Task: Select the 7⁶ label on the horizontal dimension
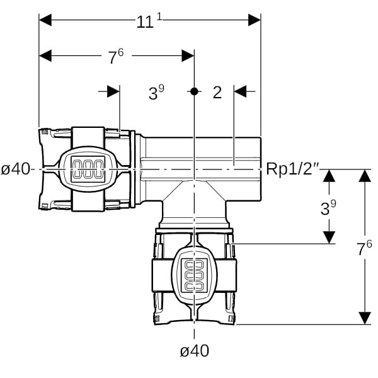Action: (115, 57)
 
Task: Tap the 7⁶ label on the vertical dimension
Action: (365, 248)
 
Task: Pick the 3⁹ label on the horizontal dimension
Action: (156, 93)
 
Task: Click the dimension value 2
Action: (217, 93)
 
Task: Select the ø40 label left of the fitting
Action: (16, 169)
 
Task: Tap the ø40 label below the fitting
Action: (194, 352)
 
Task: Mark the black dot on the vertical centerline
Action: (194, 91)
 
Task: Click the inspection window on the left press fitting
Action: (88, 169)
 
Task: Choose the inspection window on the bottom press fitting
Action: (194, 275)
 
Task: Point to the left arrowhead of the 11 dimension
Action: (45, 20)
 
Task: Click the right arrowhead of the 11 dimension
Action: (255, 20)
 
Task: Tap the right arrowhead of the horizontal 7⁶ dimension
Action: (188, 55)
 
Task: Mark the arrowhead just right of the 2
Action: (240, 91)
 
